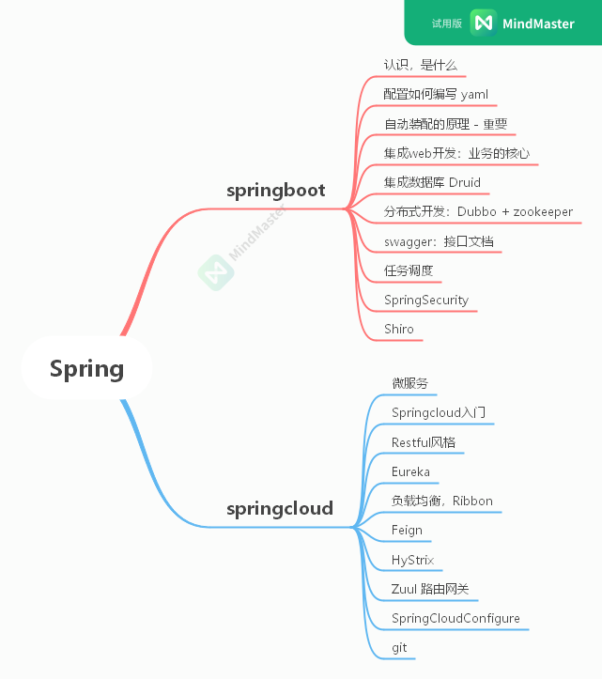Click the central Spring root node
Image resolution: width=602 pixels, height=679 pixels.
(86, 369)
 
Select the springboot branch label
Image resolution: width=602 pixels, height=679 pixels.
(275, 191)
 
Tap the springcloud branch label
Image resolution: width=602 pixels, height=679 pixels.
(279, 509)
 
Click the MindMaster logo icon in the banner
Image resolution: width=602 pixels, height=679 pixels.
(483, 23)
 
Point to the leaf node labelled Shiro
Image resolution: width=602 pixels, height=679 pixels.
(398, 329)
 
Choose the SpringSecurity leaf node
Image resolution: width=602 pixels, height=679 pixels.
(425, 300)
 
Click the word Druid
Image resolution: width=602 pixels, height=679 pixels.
(464, 182)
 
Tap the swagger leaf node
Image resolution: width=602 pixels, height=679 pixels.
(439, 241)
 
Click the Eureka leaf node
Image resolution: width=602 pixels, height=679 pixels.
(410, 471)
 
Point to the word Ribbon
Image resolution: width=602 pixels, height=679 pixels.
(472, 501)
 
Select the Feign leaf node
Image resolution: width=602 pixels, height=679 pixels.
(407, 530)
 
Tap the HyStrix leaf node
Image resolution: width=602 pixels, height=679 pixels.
(412, 560)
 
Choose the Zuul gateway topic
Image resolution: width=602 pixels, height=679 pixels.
(429, 589)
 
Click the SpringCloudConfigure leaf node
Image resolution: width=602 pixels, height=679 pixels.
(455, 619)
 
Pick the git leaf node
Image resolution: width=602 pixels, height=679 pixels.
(399, 648)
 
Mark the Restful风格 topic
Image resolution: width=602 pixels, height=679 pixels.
(424, 441)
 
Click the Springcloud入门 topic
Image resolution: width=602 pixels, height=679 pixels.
(439, 412)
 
